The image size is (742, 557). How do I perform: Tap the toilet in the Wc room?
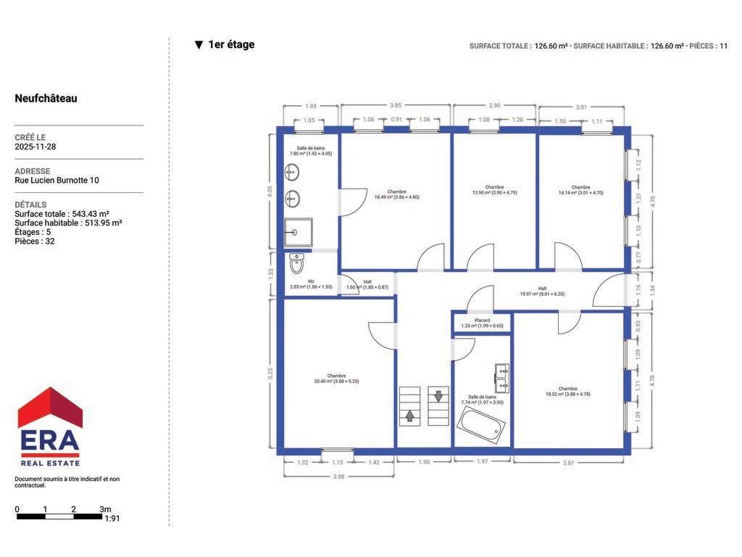[296, 264]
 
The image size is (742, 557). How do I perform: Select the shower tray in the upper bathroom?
[298, 232]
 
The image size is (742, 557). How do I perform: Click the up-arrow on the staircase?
[410, 416]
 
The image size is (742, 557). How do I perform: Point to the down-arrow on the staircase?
[438, 396]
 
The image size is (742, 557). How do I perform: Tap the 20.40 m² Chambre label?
[336, 379]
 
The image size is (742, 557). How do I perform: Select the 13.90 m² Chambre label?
[494, 190]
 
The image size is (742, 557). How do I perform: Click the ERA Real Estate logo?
[50, 426]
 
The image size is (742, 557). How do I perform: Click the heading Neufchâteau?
[46, 99]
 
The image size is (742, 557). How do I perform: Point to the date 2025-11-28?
[36, 147]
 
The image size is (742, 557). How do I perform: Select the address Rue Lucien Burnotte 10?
[57, 181]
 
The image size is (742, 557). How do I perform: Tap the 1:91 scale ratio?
[112, 519]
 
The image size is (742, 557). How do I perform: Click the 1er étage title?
[231, 44]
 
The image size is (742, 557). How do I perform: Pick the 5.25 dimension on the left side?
[270, 374]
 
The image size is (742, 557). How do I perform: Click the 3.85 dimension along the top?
[396, 105]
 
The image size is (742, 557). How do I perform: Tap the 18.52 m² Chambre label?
[568, 391]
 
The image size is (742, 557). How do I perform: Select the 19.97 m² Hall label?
[542, 292]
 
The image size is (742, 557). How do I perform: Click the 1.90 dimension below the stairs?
[424, 462]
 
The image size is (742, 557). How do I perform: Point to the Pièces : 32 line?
[35, 242]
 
